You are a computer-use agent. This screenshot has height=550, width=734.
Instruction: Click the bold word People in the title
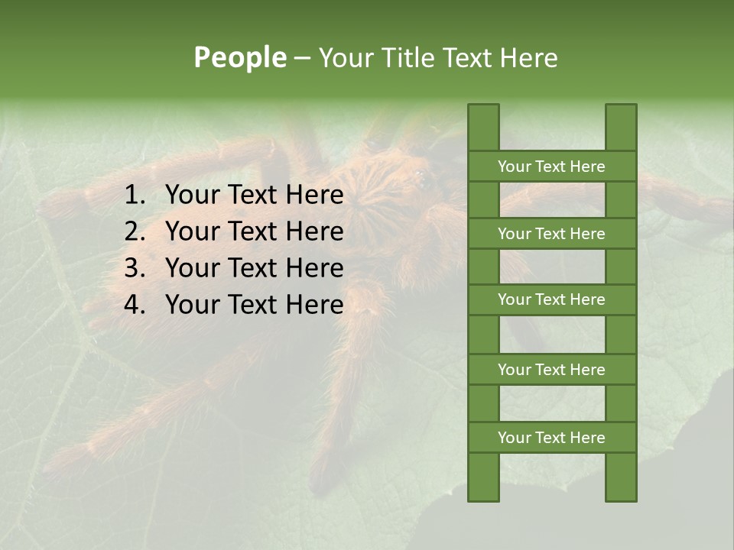point(239,57)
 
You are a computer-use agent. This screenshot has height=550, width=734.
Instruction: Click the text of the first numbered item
point(254,196)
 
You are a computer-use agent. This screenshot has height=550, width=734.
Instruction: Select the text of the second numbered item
point(254,231)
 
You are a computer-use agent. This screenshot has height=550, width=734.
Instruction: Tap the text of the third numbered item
point(254,268)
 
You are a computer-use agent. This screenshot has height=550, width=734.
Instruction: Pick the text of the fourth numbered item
point(254,305)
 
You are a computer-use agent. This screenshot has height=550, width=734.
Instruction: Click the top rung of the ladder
point(551,167)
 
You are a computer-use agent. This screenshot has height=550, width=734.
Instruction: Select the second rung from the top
point(551,234)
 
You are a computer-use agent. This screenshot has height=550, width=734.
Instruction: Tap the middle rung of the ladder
point(551,299)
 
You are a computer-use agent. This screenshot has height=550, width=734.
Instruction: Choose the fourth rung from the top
point(551,370)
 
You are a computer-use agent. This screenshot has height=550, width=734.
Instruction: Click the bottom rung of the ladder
point(551,438)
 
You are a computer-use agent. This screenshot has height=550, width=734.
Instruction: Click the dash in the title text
point(301,59)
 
